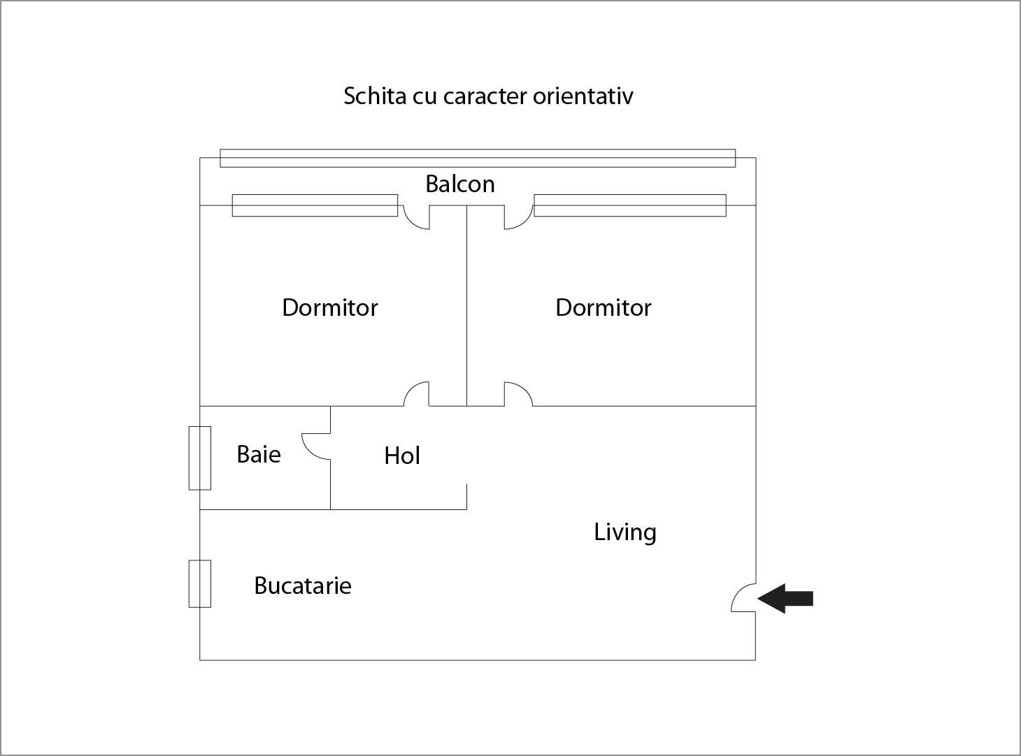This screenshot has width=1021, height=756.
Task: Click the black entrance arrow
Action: (785, 599)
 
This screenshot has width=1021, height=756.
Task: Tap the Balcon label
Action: (460, 184)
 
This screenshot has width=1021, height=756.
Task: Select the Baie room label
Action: (259, 454)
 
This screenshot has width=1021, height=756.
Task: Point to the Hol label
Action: (402, 456)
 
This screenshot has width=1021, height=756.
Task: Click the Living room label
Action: (624, 532)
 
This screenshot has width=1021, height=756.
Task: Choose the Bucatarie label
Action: (302, 586)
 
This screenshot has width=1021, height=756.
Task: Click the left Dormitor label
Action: (329, 307)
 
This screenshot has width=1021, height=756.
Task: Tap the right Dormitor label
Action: (604, 307)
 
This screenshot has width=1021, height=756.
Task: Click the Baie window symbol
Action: (200, 458)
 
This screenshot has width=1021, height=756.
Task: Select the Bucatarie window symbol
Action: (200, 583)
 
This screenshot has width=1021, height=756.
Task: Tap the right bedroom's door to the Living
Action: (524, 389)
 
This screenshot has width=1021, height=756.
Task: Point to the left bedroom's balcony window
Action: (315, 205)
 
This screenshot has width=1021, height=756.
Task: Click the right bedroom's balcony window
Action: (629, 205)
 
